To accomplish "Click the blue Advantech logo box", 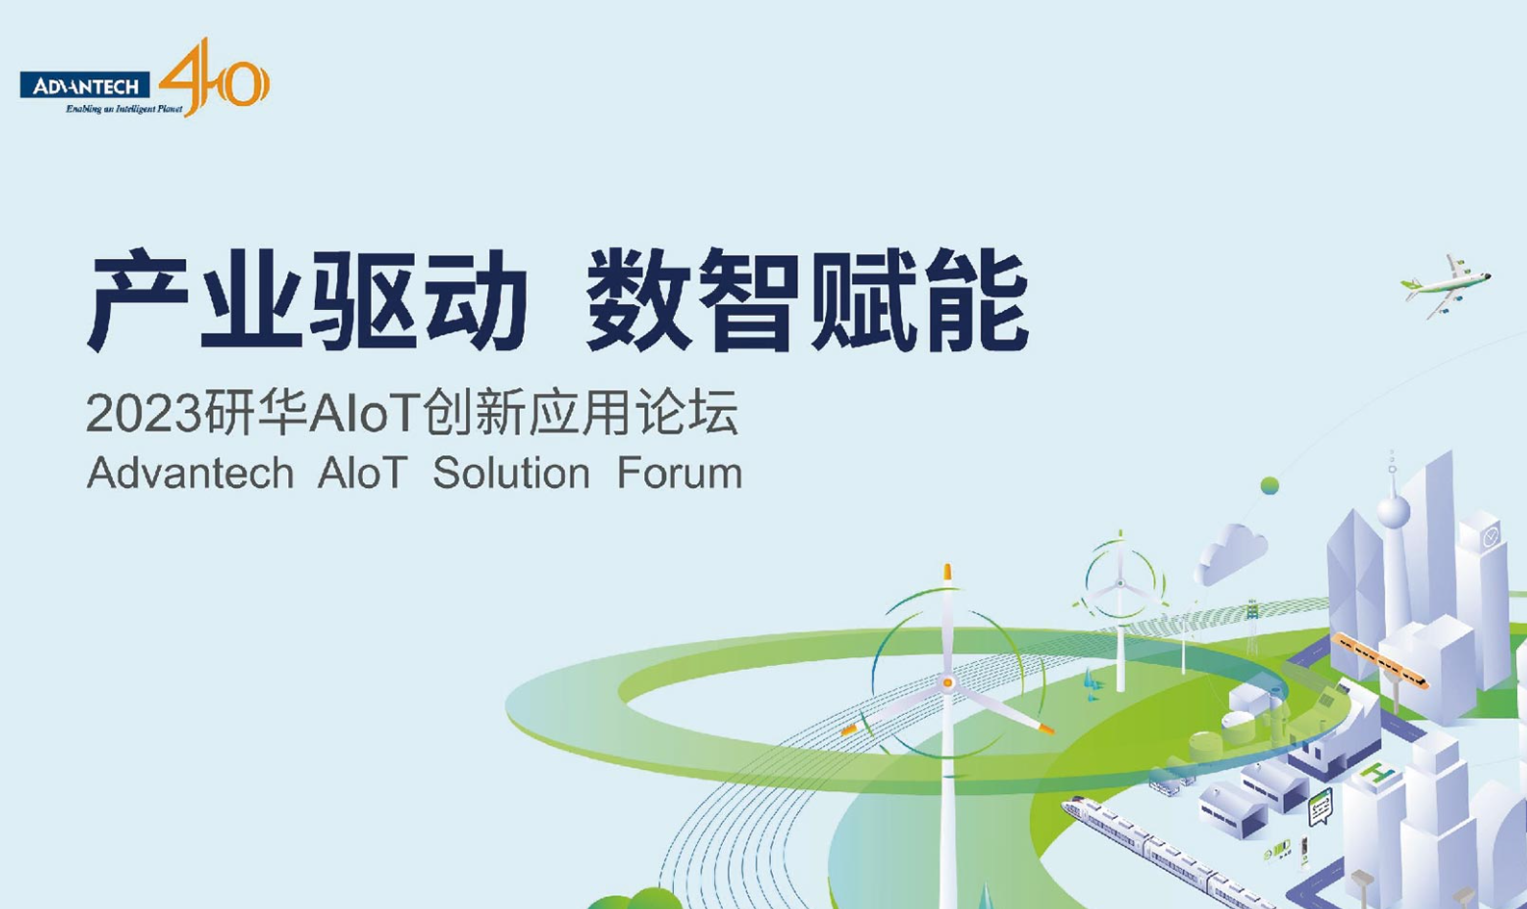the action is (x=84, y=85).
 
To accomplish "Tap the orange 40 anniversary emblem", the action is (x=215, y=77).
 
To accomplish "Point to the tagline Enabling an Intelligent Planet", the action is (x=125, y=109).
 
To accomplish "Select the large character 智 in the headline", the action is (x=748, y=300).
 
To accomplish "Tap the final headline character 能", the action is (x=976, y=300).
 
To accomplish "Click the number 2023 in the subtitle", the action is (x=144, y=413).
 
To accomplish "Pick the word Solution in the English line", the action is (x=511, y=473).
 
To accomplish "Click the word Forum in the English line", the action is (x=680, y=473).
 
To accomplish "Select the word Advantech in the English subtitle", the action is (x=190, y=473).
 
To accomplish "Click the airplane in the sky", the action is (x=1446, y=285).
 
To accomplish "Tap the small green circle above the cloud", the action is (x=1269, y=485).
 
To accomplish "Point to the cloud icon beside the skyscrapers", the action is (x=1231, y=553).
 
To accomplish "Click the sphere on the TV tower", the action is (x=1394, y=510).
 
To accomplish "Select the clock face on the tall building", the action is (x=1490, y=537).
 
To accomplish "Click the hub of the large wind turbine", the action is (x=946, y=682).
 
